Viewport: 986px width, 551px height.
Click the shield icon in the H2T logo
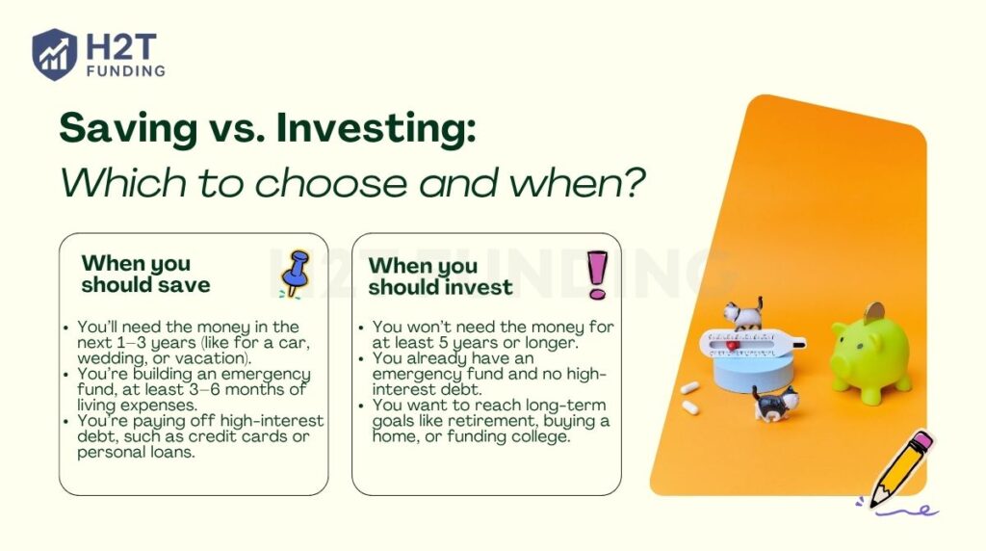tap(54, 54)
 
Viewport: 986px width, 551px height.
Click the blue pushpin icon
tap(294, 273)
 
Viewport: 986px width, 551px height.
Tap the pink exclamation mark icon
tap(597, 274)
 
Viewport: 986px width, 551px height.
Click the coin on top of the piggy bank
tap(875, 312)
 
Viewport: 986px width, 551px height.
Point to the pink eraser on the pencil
tap(919, 444)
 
